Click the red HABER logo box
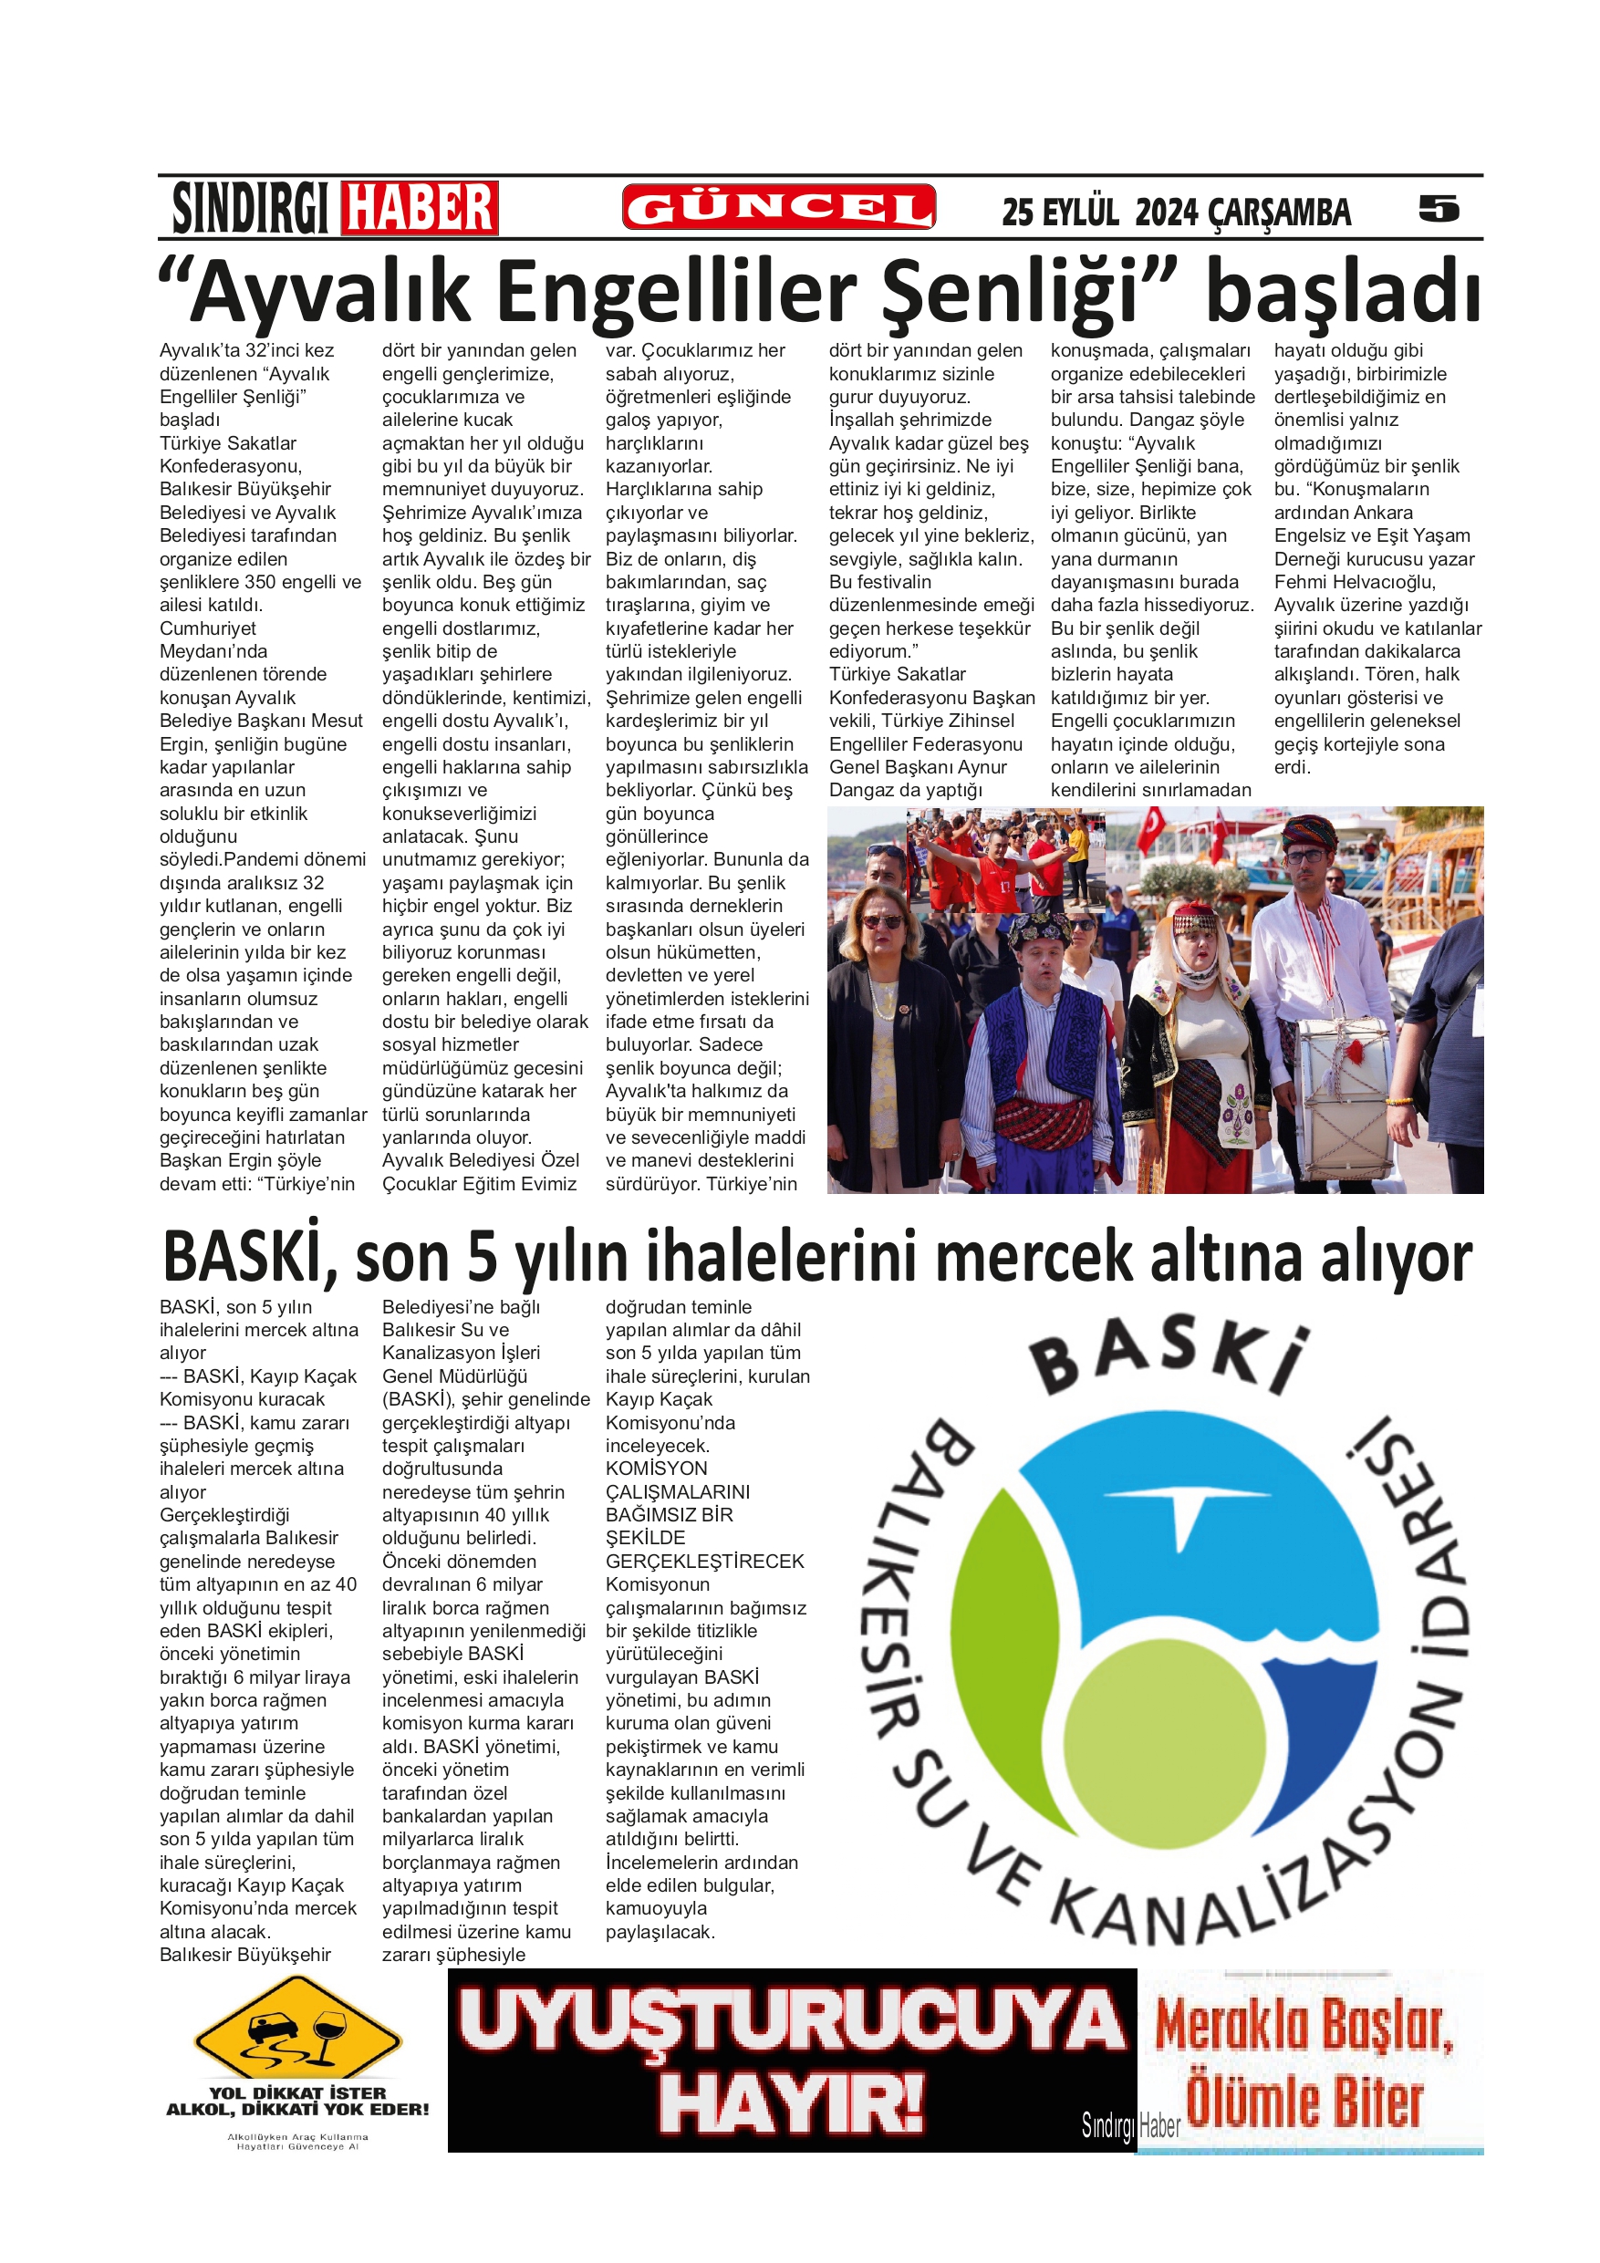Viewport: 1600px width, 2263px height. pyautogui.click(x=419, y=208)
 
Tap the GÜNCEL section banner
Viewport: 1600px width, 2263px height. pyautogui.click(x=778, y=208)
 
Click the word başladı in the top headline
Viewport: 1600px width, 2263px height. pyautogui.click(x=1343, y=291)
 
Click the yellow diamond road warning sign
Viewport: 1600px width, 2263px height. pyautogui.click(x=297, y=2034)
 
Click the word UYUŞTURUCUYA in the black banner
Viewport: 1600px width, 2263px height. pyautogui.click(x=792, y=2023)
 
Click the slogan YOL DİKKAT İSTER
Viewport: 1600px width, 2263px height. pyautogui.click(x=297, y=2092)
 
